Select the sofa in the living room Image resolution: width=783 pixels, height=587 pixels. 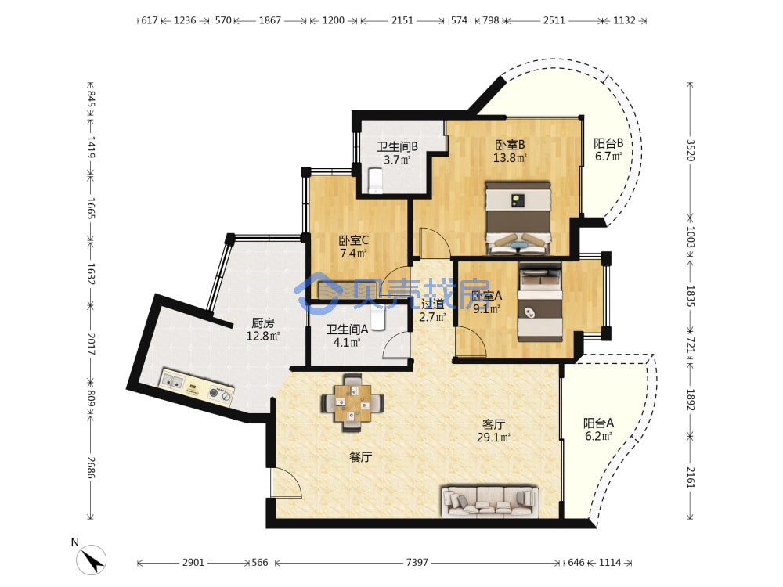coord(490,501)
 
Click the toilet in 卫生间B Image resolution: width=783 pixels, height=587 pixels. coord(374,181)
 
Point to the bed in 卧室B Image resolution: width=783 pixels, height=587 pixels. coord(518,218)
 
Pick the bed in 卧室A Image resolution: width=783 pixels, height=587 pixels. coord(539,301)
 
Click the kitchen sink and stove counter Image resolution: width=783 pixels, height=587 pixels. coord(197,387)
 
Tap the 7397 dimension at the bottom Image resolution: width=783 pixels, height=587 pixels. coord(417,563)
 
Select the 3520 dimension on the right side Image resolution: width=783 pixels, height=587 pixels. coord(690,149)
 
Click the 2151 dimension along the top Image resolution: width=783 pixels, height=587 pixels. coord(402,20)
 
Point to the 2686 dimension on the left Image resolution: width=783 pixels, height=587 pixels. coord(91,467)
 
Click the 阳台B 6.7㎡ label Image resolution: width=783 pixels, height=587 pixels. coord(608,149)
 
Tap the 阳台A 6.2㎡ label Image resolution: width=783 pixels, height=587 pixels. coord(598,430)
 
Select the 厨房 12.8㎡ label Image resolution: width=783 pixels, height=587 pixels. coord(262,330)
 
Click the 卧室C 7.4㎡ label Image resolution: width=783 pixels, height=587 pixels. coord(354,247)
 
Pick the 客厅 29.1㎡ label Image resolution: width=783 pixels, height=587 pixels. coord(493,430)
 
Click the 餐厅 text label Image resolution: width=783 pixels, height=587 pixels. coord(360,457)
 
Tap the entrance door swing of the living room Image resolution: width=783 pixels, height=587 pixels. coord(286,483)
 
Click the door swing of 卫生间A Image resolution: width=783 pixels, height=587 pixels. coord(398,345)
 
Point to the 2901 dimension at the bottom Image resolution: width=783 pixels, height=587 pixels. coord(193,563)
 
